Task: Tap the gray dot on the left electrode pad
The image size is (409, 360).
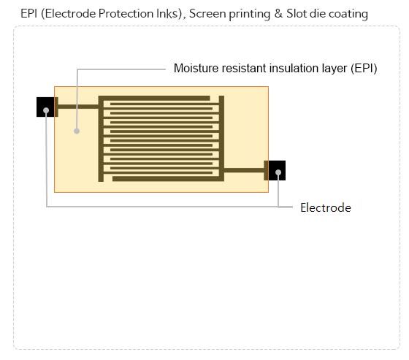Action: [46, 110]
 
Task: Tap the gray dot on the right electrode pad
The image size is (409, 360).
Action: [278, 172]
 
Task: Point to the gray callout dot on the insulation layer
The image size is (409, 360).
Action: [77, 131]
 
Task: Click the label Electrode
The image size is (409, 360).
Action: [326, 208]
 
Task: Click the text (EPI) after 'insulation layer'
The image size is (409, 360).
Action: [364, 69]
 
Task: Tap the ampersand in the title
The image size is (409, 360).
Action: [278, 14]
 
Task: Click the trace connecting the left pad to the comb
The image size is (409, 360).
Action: [77, 107]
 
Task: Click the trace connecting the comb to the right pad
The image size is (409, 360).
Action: [244, 170]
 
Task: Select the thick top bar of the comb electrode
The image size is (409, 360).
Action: [154, 98]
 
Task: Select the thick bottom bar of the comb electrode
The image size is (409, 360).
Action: [168, 179]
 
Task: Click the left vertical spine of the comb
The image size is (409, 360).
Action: [101, 139]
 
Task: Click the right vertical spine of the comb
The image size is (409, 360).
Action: [221, 139]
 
